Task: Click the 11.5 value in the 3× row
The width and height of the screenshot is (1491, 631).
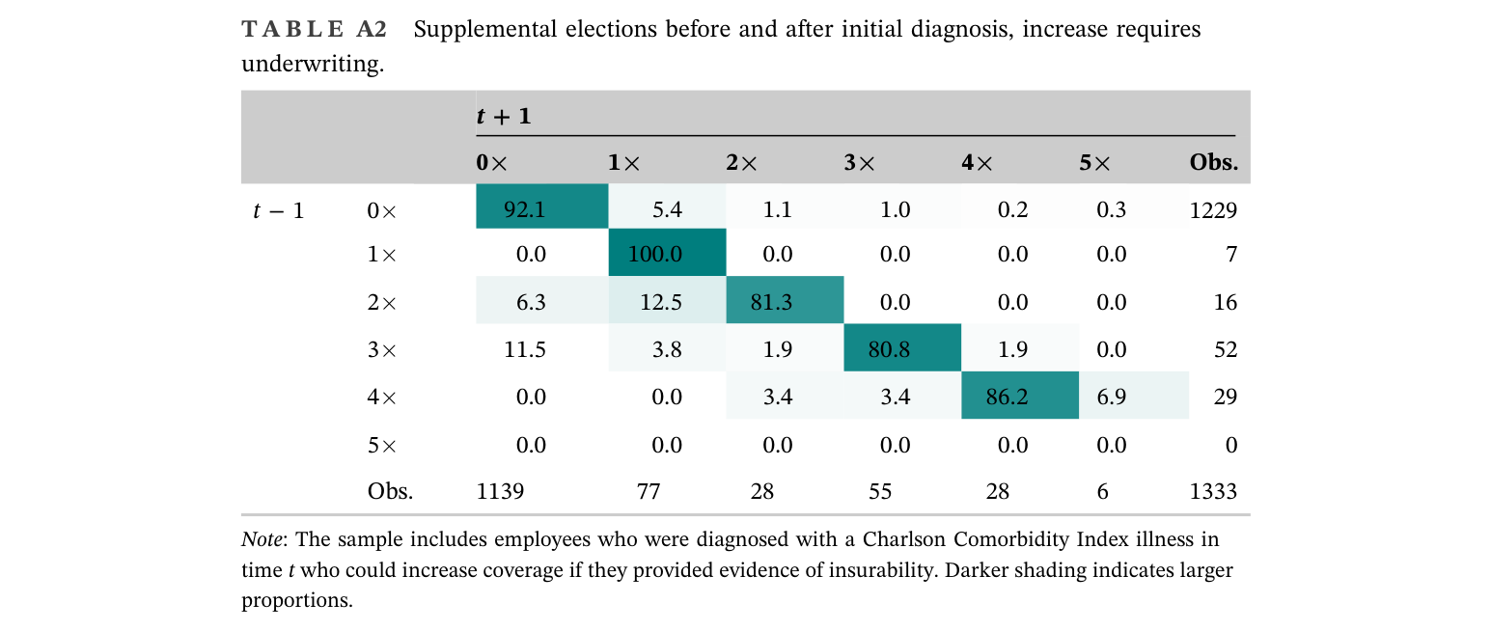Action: (x=525, y=349)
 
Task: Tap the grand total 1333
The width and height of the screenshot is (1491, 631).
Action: (x=1213, y=491)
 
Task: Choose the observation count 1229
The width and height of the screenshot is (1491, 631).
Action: (x=1213, y=210)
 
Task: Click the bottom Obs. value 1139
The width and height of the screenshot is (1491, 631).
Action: (x=501, y=491)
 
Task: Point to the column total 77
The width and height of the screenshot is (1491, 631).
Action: (x=649, y=491)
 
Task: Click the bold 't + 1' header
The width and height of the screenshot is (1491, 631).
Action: (x=504, y=117)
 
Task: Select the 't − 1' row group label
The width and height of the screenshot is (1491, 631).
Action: (x=278, y=210)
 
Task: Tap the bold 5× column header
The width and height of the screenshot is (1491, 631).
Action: (x=1095, y=162)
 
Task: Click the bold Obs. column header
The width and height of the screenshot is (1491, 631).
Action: (x=1213, y=162)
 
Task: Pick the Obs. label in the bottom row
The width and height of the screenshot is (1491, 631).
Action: (x=390, y=491)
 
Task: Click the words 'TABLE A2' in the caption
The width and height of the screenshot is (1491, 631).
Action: (x=315, y=29)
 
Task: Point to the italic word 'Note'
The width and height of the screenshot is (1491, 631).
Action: (x=262, y=539)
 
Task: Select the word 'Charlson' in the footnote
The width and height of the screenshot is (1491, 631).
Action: (x=904, y=539)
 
